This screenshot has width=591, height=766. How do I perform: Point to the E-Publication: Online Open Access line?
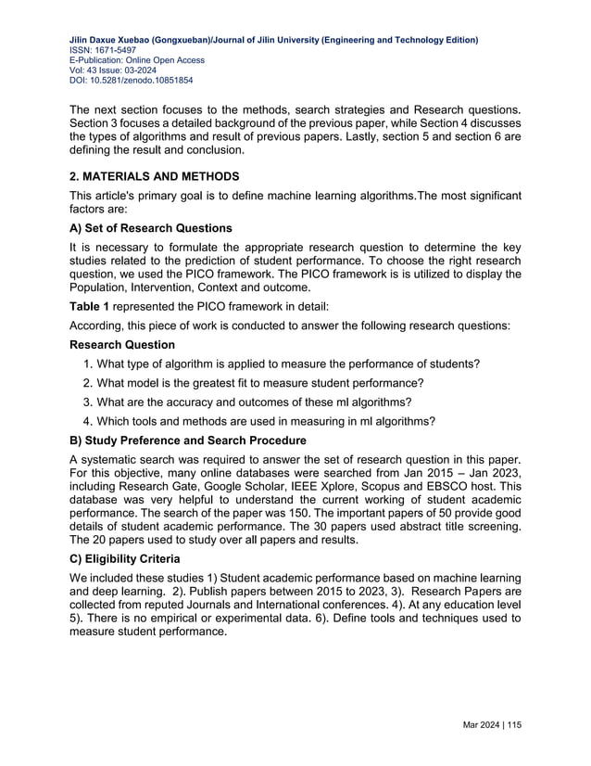137,60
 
